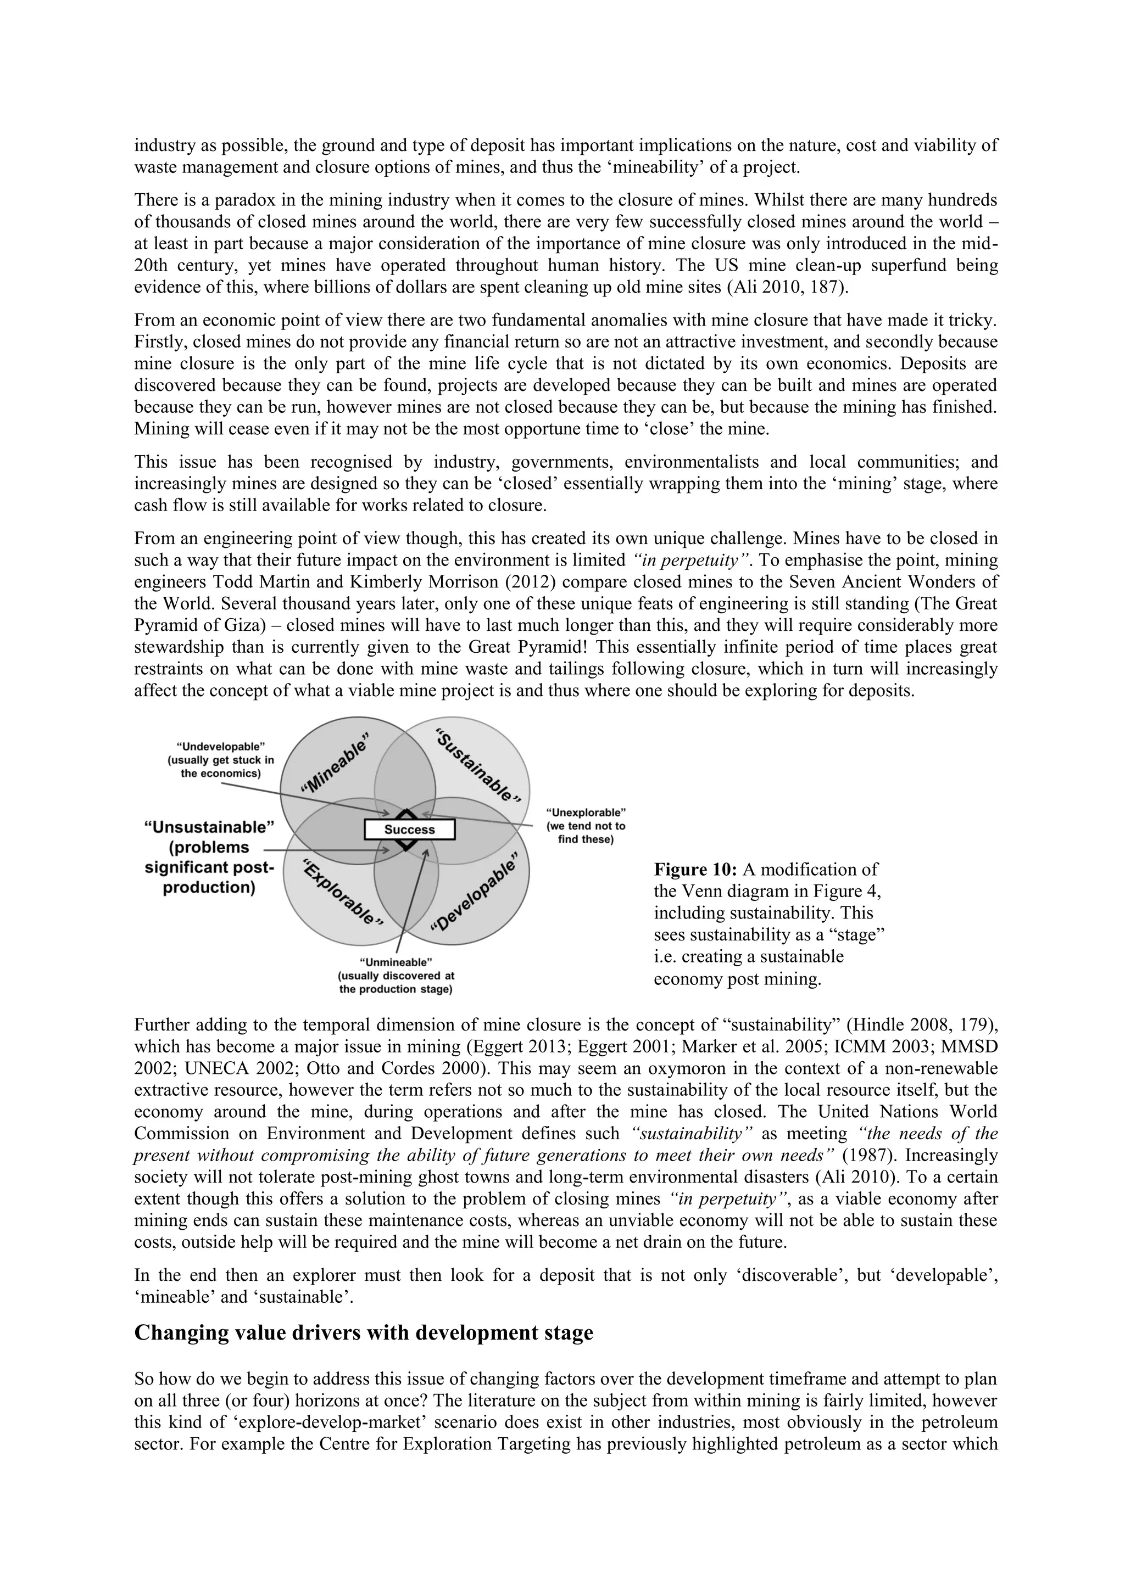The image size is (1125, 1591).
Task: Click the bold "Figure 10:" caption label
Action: click(695, 870)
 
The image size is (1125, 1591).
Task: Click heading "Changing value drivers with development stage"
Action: click(363, 1332)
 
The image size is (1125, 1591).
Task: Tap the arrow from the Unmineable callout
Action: click(413, 901)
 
